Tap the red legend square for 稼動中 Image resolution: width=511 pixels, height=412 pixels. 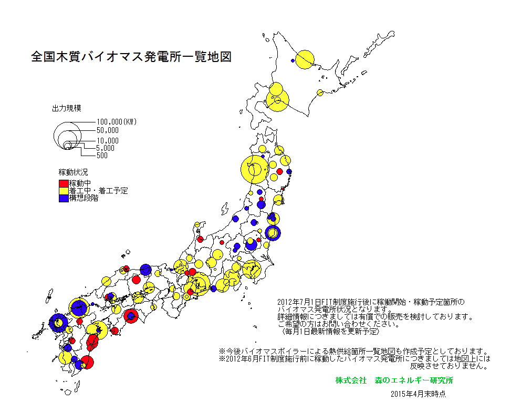pos(64,183)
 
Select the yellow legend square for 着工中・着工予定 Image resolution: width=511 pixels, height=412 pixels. pos(64,191)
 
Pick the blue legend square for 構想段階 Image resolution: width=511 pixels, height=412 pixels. pos(64,198)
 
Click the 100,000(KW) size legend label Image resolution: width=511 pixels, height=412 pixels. pos(116,122)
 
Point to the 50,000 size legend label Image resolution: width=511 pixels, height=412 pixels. pos(108,130)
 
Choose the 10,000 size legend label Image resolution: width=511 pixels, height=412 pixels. pos(108,141)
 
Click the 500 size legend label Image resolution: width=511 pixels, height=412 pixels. pos(102,155)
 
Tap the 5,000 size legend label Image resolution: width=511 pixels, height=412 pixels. pos(106,148)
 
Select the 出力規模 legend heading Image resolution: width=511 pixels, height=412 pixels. pos(66,109)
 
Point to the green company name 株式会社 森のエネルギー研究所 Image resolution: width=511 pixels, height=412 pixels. pos(394,380)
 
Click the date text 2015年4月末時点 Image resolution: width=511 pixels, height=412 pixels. pos(418,393)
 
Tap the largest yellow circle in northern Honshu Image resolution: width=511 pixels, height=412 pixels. pos(255,170)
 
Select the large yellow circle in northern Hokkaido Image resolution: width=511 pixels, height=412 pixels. pos(305,59)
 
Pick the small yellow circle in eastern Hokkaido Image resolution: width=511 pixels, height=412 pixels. pos(319,93)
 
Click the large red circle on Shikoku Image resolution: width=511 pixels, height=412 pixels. pos(131,316)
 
